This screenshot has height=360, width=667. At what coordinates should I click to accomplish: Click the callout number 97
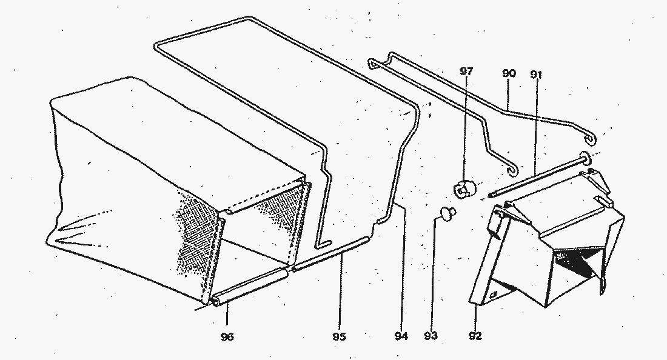click(466, 71)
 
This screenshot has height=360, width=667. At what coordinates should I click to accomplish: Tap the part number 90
click(509, 73)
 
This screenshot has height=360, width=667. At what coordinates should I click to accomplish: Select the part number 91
click(536, 75)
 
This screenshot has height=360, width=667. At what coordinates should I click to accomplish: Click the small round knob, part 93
click(447, 213)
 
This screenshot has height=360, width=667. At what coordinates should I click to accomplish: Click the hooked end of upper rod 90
click(591, 138)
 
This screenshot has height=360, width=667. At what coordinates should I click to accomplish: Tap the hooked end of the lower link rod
click(514, 168)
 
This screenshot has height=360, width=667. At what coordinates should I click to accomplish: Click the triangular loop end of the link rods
click(374, 63)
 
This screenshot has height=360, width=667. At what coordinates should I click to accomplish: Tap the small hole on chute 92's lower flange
click(494, 294)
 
